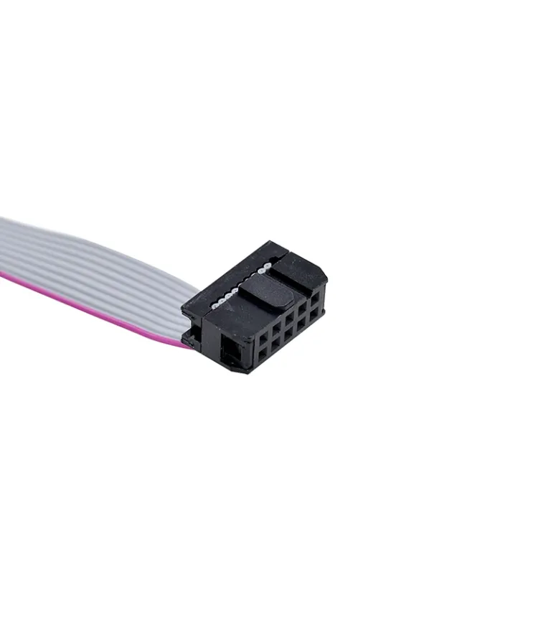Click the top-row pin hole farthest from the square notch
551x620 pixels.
pos(315,299)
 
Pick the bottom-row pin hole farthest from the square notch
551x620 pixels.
pos(314,314)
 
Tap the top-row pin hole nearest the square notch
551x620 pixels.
pos(263,339)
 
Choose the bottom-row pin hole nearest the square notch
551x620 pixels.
pos(263,354)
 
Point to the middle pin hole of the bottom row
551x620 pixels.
pos(288,334)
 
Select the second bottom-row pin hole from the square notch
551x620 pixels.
pos(275,344)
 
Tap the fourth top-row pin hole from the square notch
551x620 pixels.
pos(303,309)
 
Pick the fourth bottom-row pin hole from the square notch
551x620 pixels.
pos(301,324)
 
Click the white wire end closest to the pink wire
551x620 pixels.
pos(215,306)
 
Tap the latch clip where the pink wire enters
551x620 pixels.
pos(192,337)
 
